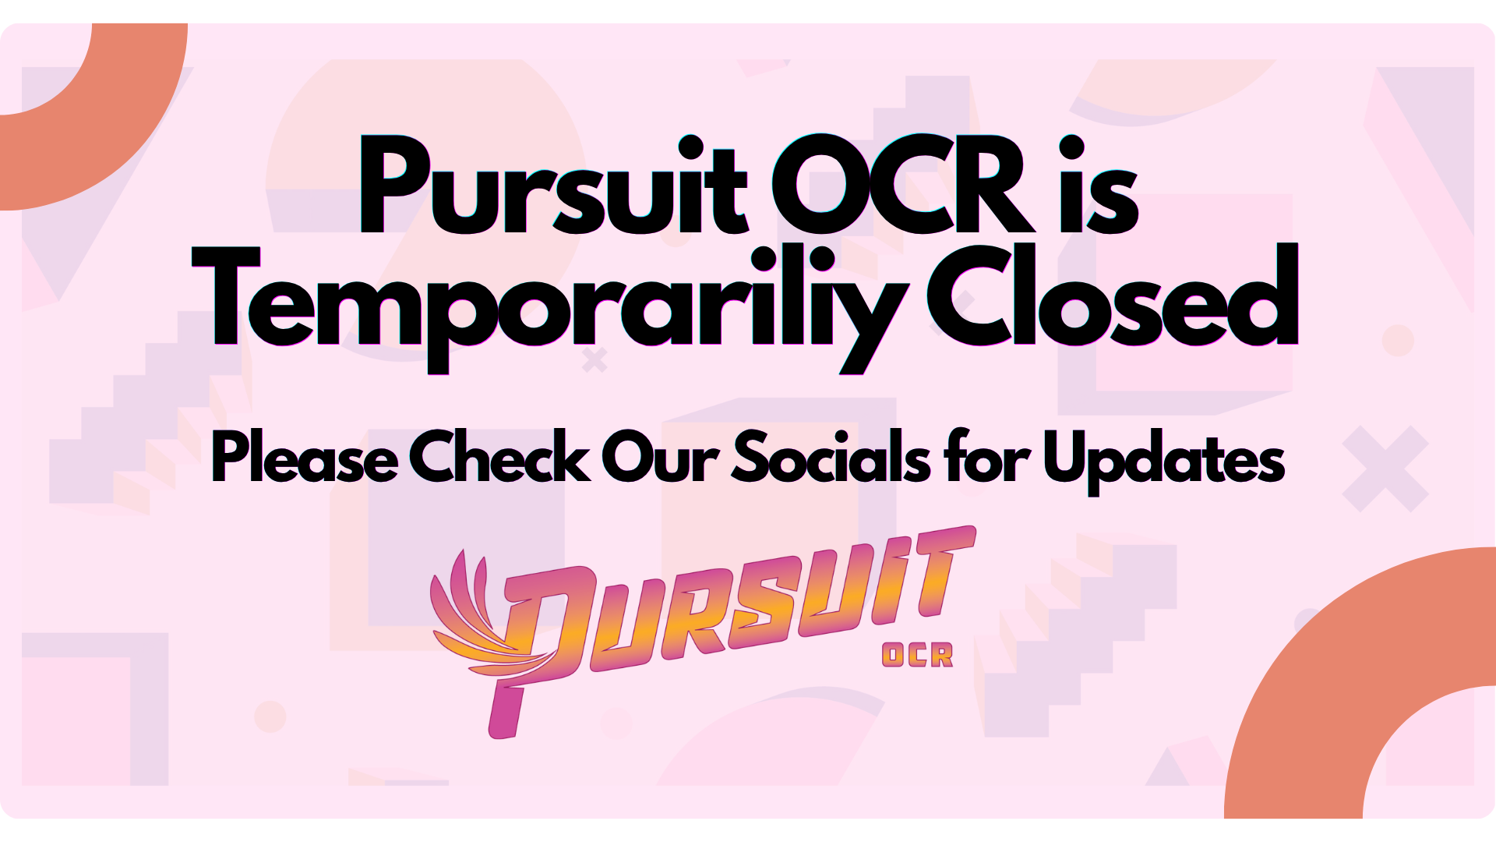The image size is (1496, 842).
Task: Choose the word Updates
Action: pyautogui.click(x=1164, y=460)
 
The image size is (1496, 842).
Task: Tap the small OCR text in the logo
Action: pyautogui.click(x=917, y=655)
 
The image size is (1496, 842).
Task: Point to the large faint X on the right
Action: pyautogui.click(x=1385, y=469)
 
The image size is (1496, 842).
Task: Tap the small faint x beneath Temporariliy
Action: pyautogui.click(x=595, y=360)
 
